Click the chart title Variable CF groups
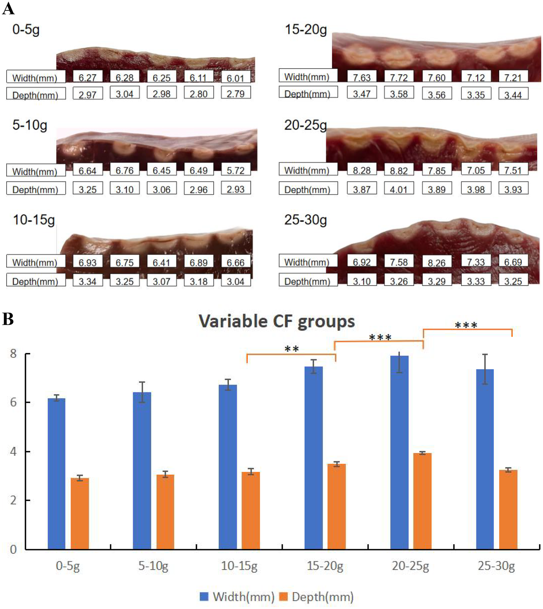coord(277,322)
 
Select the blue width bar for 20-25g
coord(399,452)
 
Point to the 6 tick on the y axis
coord(14,402)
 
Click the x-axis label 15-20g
coord(325,566)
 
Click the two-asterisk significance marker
coord(291,349)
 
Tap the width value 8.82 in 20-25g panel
coord(398,170)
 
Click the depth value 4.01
coord(398,189)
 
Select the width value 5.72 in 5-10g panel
coord(235,170)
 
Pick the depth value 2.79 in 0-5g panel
coord(235,94)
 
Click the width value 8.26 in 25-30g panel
coord(436,263)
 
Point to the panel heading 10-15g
coord(34,220)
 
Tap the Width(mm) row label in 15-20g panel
coord(307,77)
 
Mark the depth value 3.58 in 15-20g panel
coord(398,94)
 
